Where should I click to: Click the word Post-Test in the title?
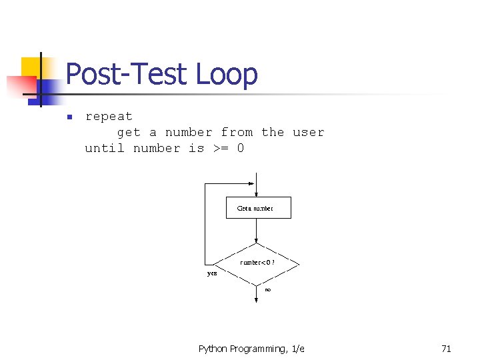(127, 74)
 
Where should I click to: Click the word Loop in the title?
(227, 74)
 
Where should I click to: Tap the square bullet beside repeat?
(68, 118)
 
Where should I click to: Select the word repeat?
(109, 117)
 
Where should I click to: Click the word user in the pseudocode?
(309, 132)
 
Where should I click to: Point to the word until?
(105, 148)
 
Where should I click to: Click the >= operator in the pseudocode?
(221, 148)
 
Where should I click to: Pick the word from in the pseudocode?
(237, 132)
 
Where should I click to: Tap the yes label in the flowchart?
(212, 273)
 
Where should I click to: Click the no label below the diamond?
(268, 290)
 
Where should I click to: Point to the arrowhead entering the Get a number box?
(257, 193)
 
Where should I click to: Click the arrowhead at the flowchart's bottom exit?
(257, 301)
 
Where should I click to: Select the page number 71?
(446, 349)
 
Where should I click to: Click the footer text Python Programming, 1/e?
(251, 349)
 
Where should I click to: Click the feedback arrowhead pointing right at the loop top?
(251, 185)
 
